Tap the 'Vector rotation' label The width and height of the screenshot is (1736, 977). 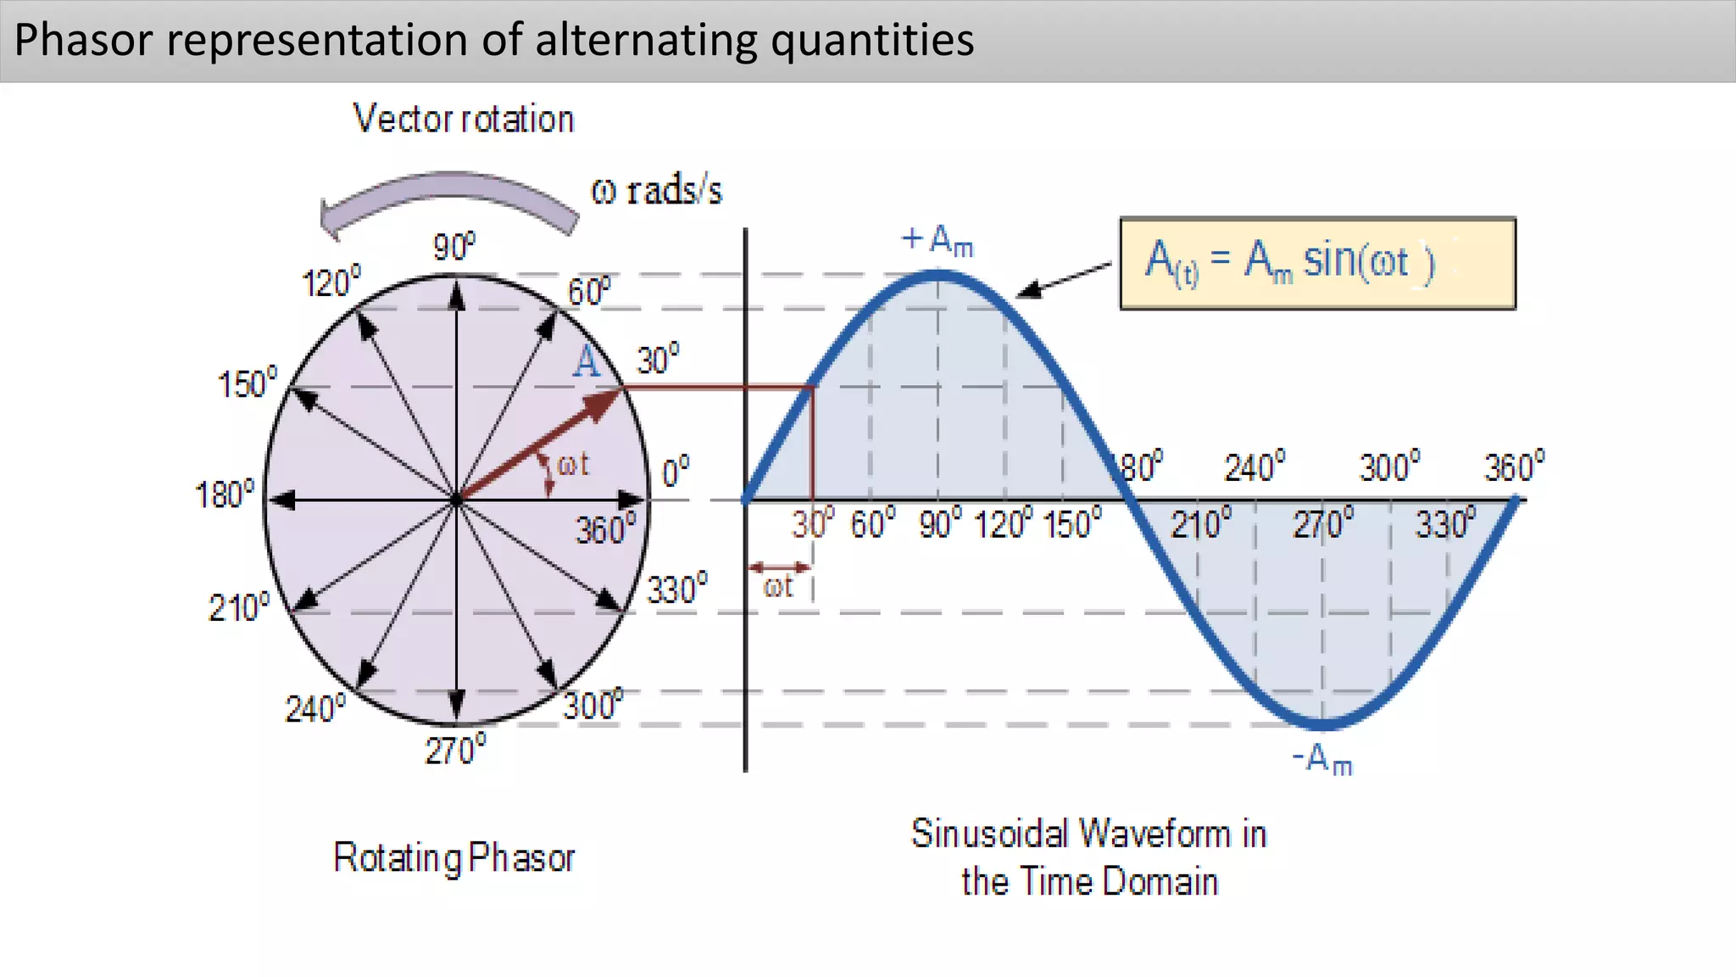(x=464, y=119)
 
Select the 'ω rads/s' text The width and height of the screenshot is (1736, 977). (x=656, y=191)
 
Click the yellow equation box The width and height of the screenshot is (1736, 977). (x=1317, y=263)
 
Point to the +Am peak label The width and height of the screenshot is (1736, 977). (x=938, y=241)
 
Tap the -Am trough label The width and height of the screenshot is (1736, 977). (x=1322, y=759)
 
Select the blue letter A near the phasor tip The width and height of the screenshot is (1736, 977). (x=586, y=362)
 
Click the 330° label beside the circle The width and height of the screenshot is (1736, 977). (x=677, y=588)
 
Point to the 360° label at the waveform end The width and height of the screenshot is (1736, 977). (x=1514, y=466)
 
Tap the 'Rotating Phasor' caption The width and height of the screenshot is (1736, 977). (x=454, y=857)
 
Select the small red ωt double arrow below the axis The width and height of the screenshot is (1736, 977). (x=781, y=567)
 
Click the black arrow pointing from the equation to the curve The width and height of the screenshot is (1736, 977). (x=1064, y=279)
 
